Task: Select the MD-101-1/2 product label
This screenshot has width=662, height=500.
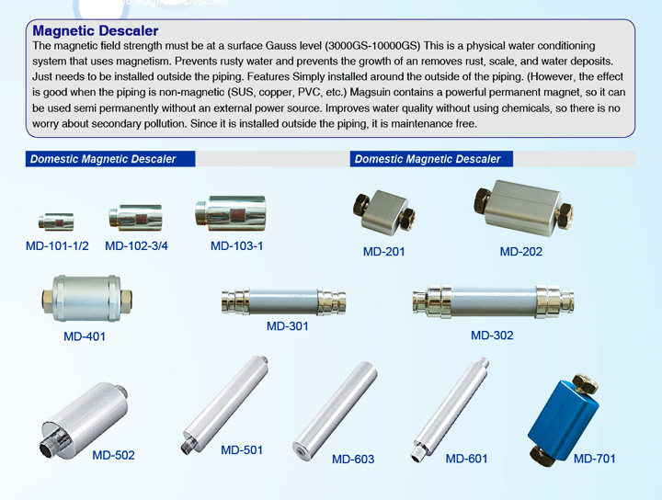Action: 57,245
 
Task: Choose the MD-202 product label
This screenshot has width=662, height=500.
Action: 520,252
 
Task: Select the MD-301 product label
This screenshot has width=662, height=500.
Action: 287,326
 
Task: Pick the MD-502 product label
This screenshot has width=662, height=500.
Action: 113,455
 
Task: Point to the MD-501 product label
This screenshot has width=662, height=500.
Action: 242,450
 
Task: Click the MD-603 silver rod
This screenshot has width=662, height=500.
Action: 336,407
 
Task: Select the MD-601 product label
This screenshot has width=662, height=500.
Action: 466,458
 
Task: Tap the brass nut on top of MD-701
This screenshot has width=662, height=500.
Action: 583,381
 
